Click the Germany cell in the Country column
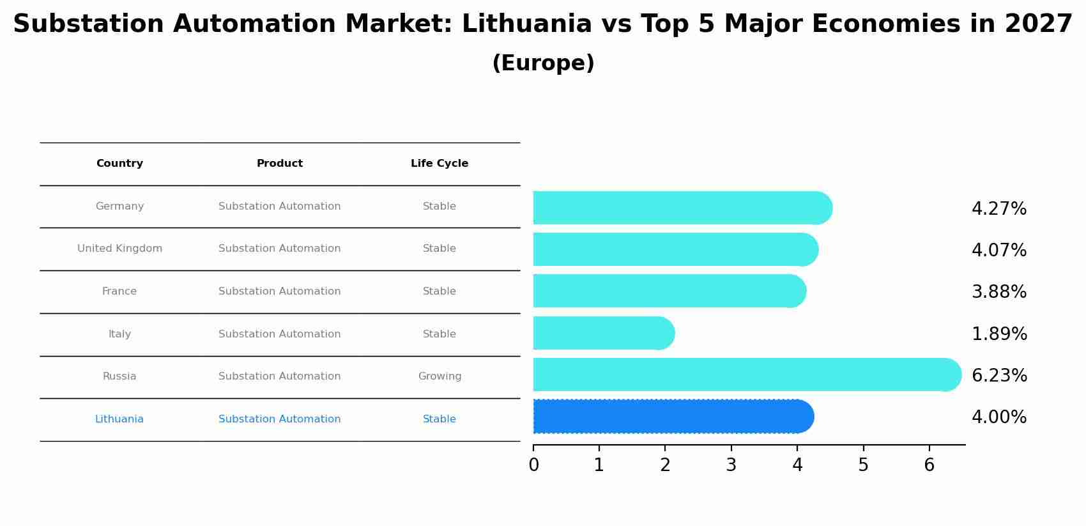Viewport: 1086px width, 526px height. [119, 206]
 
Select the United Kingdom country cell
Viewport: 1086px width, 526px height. [119, 249]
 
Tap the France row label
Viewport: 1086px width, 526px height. [119, 291]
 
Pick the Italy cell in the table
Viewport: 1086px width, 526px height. [119, 334]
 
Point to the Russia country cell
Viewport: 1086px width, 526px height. [119, 376]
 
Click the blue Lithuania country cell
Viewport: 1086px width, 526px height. [119, 419]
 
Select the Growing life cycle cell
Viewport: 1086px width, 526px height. [440, 376]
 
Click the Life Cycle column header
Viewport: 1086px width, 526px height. [440, 164]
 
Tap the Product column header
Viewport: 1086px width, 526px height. [280, 164]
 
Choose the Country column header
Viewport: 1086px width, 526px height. [119, 164]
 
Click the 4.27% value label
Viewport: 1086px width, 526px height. [999, 209]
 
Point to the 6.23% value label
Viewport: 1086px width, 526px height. [999, 376]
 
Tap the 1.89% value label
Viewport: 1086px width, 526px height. [999, 334]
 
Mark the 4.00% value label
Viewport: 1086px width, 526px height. [999, 417]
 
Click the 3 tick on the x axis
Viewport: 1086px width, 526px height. [731, 465]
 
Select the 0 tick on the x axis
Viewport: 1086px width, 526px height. [534, 465]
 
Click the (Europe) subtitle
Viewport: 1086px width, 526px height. [543, 63]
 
